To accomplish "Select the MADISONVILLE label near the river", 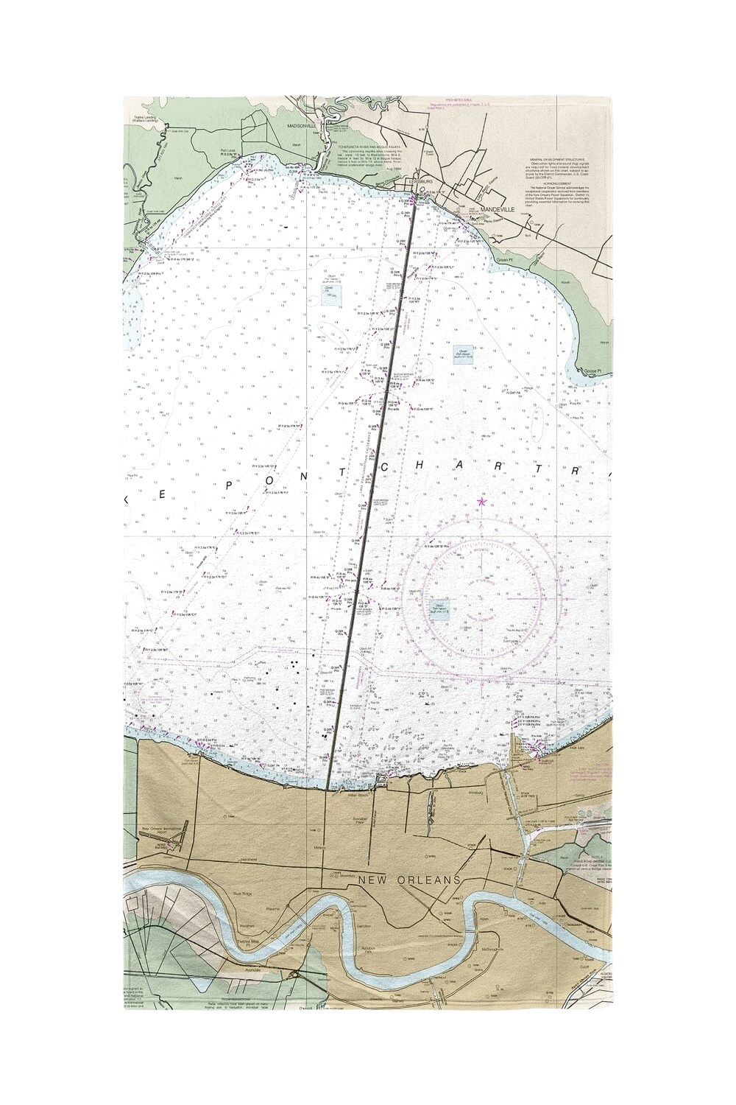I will pos(301,125).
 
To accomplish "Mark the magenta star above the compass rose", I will pos(482,502).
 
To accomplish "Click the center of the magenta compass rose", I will pos(481,597).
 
